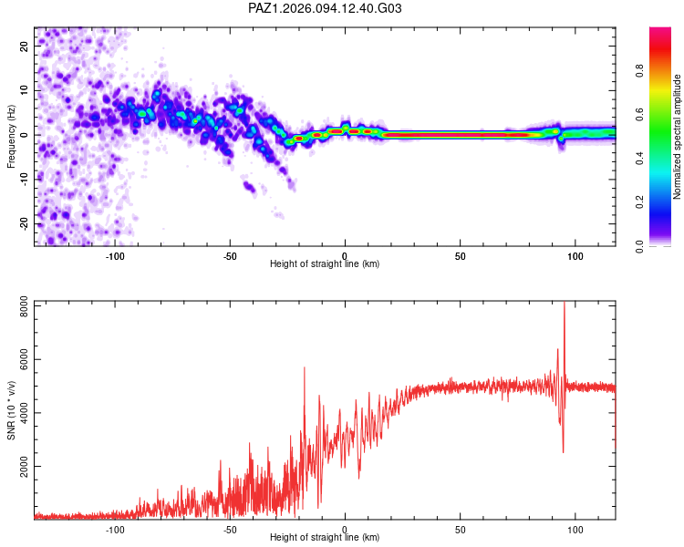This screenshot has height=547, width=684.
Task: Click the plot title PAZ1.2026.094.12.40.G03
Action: coord(325,8)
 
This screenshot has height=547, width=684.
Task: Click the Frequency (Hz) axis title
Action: coord(11,137)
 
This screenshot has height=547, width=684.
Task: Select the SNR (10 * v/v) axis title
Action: coord(11,410)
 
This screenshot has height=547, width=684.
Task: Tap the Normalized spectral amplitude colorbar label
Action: coord(677,137)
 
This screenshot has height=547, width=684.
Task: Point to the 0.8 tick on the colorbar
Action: coord(639,70)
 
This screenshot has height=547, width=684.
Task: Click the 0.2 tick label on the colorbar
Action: coord(639,201)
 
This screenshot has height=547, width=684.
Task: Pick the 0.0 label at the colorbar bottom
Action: coord(639,246)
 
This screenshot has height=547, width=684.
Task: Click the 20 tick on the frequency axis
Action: coord(25,46)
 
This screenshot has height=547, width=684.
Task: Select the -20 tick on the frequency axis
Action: coord(25,224)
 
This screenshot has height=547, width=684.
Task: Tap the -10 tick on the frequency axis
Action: coord(25,180)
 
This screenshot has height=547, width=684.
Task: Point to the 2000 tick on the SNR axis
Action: coord(25,466)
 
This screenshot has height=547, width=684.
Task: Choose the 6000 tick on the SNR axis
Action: coord(25,360)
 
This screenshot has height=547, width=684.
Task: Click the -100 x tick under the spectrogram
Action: coord(115,256)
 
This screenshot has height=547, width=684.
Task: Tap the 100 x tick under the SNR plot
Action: coord(575,530)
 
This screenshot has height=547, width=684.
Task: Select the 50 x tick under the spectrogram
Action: coord(461,256)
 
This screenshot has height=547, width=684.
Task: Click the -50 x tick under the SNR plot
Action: coord(230,530)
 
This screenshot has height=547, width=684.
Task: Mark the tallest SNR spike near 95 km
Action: coord(565,303)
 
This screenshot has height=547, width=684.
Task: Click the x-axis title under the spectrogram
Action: coord(325,263)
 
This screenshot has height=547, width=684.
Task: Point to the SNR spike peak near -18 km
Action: coord(305,367)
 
